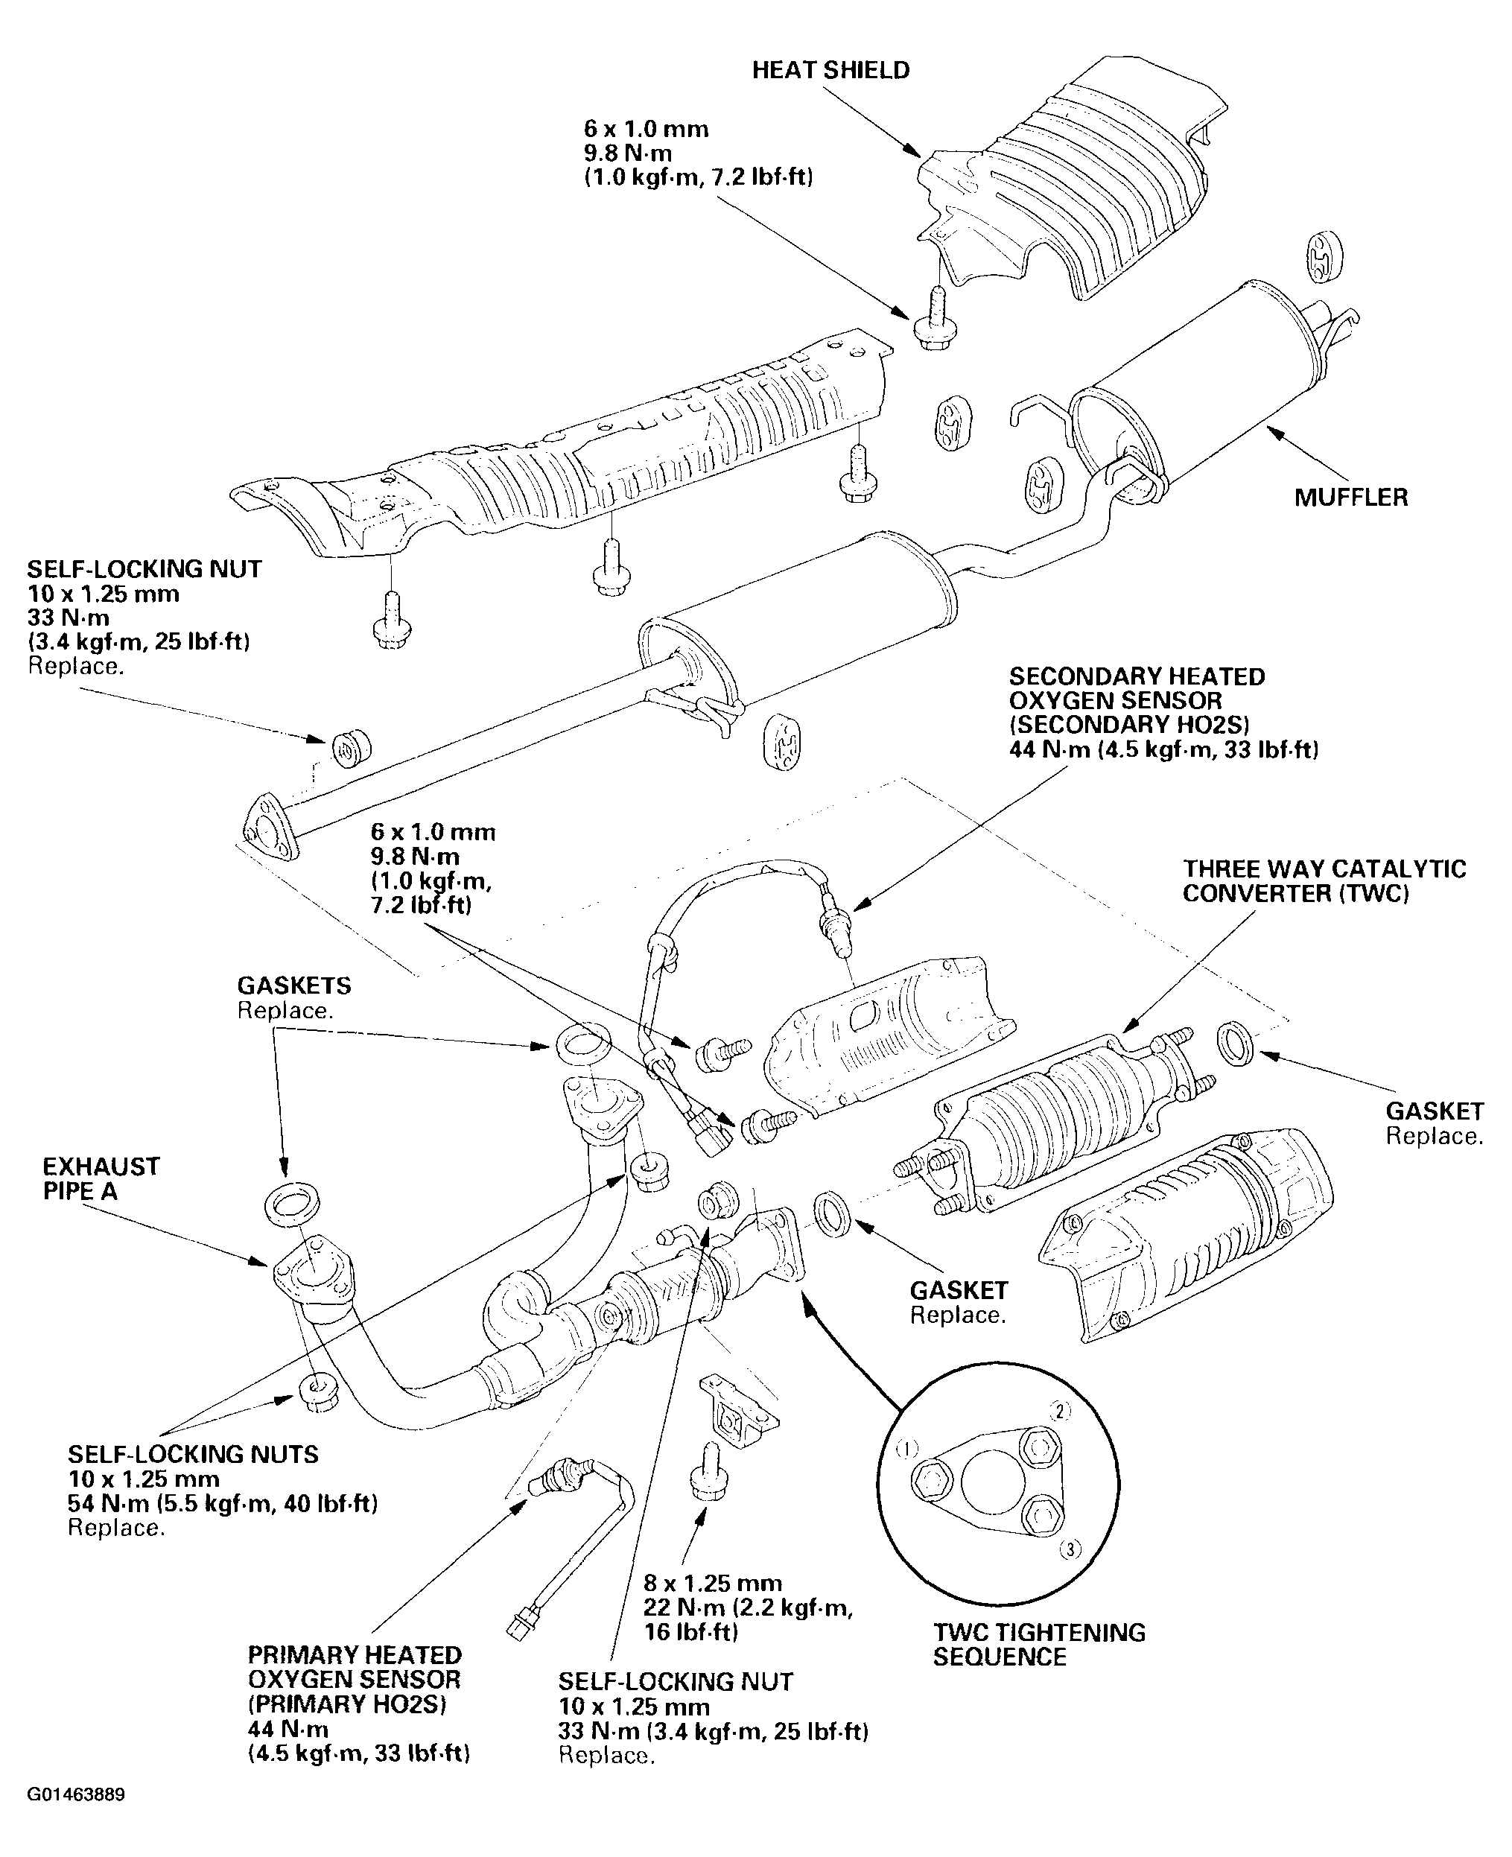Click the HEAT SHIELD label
[x=831, y=71]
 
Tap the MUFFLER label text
[x=1351, y=498]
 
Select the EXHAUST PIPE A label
[x=101, y=1178]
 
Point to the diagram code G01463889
[x=76, y=1795]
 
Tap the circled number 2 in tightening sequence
[x=1059, y=1411]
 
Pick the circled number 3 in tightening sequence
[x=1070, y=1549]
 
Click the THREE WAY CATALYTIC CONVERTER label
[x=1324, y=881]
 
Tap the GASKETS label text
[x=294, y=986]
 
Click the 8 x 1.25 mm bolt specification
[x=713, y=1583]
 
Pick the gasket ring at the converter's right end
[x=1236, y=1044]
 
